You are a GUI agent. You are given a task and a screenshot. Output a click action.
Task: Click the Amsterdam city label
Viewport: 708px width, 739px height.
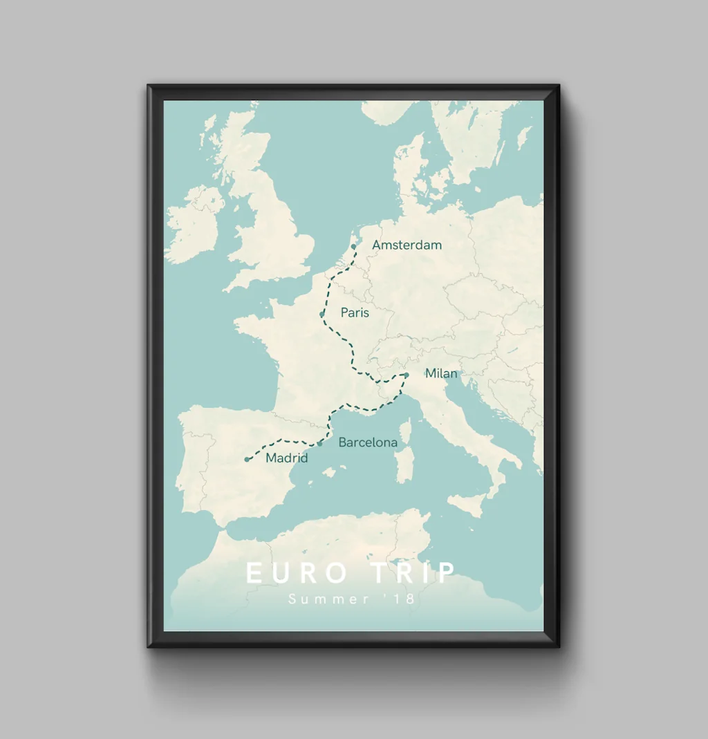(x=407, y=245)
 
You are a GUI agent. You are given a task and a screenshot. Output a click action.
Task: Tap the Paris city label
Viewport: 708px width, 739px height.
(x=355, y=312)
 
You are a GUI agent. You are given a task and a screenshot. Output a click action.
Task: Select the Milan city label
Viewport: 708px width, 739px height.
(x=441, y=373)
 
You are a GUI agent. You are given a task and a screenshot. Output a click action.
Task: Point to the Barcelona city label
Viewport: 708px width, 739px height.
(x=368, y=442)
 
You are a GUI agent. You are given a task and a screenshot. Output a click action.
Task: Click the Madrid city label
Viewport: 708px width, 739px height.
(x=286, y=458)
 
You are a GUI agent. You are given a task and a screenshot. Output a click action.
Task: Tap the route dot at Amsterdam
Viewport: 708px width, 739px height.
(x=353, y=246)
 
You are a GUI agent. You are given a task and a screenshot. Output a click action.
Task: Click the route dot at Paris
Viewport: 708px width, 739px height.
(x=322, y=315)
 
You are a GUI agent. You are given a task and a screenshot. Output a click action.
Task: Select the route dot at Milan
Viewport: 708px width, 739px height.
(x=407, y=375)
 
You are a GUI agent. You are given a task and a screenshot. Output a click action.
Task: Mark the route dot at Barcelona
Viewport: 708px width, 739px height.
(x=319, y=444)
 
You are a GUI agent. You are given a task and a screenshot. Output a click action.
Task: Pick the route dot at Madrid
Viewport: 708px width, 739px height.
(x=247, y=459)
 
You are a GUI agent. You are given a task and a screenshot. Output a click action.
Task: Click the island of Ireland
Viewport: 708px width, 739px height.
(x=194, y=225)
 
